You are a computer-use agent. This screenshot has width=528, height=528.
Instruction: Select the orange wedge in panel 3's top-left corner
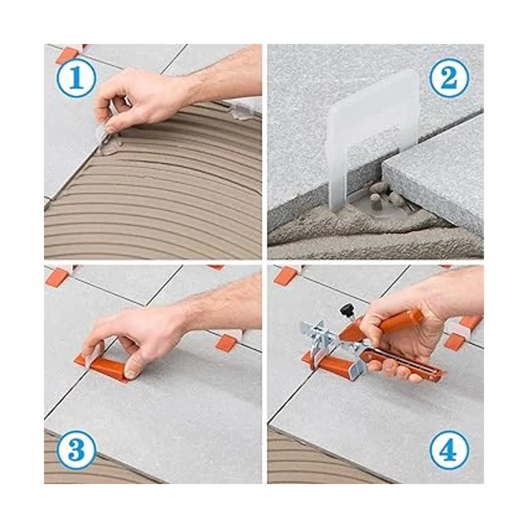pyautogui.click(x=61, y=275)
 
